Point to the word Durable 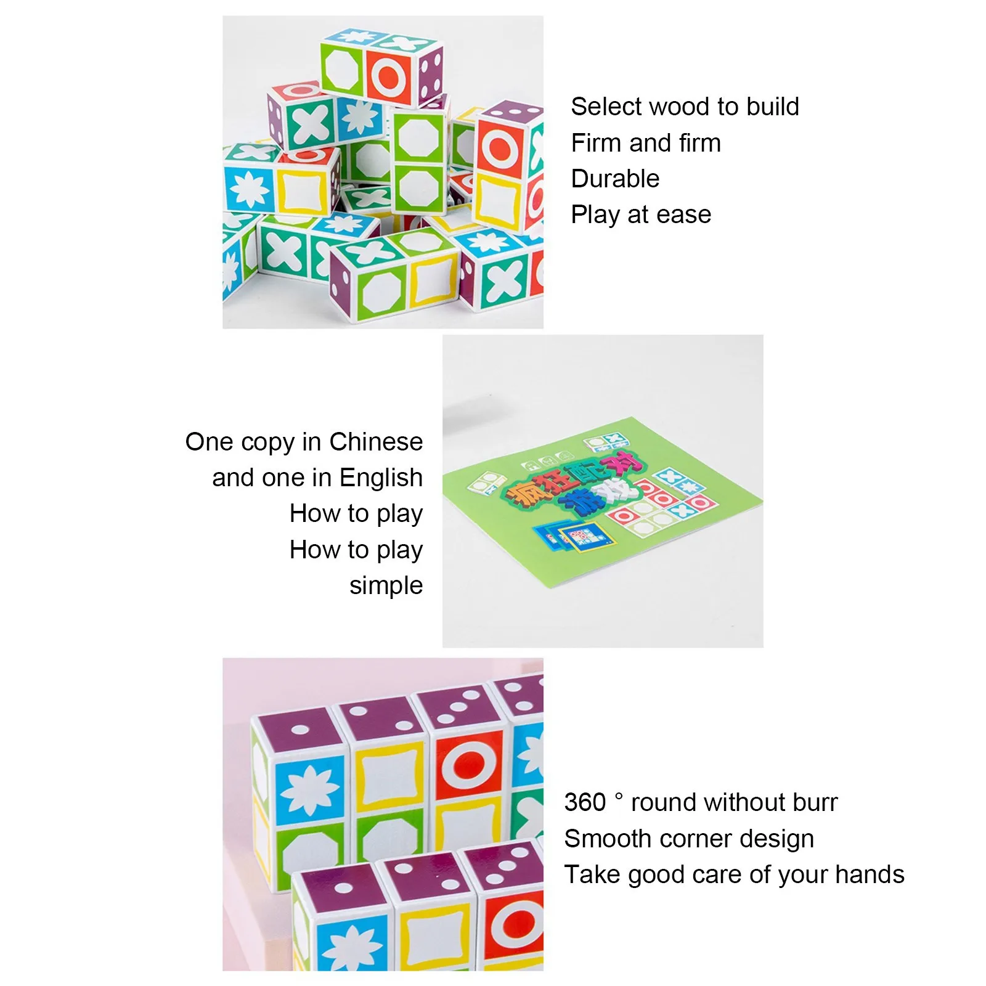615,179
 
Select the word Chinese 376,442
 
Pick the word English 381,478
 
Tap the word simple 386,586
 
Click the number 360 585,802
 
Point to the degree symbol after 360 619,796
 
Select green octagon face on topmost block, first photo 342,68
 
